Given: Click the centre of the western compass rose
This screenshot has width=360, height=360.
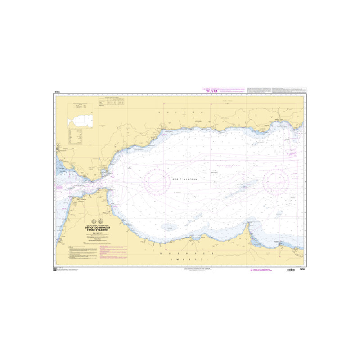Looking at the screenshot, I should [156, 180].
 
